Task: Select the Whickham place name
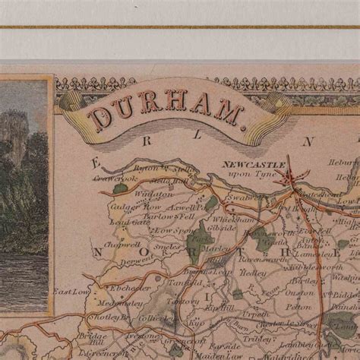tap(235, 218)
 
